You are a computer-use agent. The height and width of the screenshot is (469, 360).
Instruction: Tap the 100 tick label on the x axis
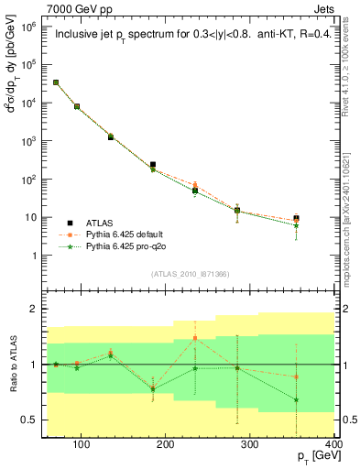coord(81,445)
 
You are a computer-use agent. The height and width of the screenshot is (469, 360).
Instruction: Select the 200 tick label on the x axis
coord(166,445)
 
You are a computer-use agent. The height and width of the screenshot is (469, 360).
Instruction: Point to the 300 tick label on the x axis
coord(251,445)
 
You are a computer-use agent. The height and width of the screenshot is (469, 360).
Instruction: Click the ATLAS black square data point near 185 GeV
coord(152,165)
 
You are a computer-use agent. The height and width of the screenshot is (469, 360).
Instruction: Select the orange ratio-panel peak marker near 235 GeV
coord(195,338)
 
